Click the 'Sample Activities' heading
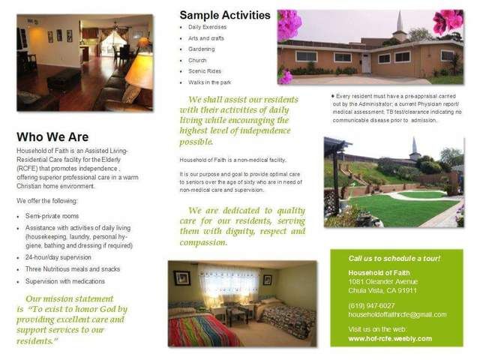point(225,15)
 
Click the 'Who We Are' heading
point(52,137)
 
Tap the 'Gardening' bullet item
point(202,49)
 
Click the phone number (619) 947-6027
point(371,305)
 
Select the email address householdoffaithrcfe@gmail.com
point(397,314)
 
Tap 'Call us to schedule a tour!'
point(394,258)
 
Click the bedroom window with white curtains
point(229,280)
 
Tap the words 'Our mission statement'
point(70,298)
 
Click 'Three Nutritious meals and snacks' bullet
point(72,268)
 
